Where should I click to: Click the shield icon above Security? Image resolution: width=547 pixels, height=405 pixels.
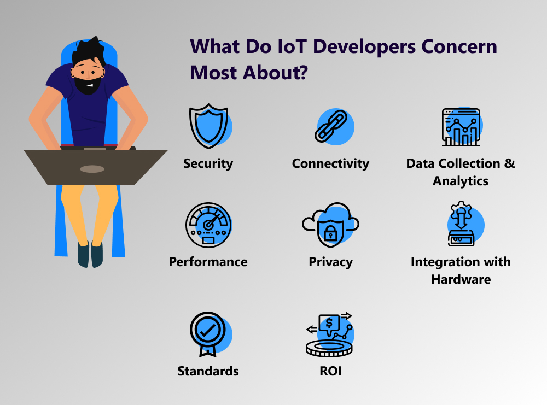[209, 126]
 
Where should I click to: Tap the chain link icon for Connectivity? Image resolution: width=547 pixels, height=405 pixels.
[333, 126]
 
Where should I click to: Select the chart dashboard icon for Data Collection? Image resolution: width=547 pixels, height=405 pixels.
[462, 126]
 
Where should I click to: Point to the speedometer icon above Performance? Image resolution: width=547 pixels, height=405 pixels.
[208, 225]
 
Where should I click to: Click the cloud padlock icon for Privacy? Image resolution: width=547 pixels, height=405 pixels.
[331, 225]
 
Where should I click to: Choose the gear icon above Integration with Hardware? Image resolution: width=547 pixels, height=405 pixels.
[461, 210]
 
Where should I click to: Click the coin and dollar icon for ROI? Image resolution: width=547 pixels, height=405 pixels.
[330, 334]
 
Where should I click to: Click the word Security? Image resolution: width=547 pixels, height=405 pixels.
[208, 164]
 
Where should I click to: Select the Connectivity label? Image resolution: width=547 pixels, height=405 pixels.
[330, 163]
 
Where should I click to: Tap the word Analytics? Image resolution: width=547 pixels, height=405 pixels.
[461, 181]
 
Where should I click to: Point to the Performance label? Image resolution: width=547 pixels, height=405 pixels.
[208, 262]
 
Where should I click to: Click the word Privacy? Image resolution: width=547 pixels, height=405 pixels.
[331, 262]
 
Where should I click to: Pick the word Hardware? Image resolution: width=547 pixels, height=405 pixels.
[461, 279]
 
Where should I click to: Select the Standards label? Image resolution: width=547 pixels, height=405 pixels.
[208, 371]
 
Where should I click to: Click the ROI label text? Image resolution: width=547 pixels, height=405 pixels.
[331, 371]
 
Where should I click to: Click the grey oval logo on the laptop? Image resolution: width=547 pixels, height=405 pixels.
[92, 169]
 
